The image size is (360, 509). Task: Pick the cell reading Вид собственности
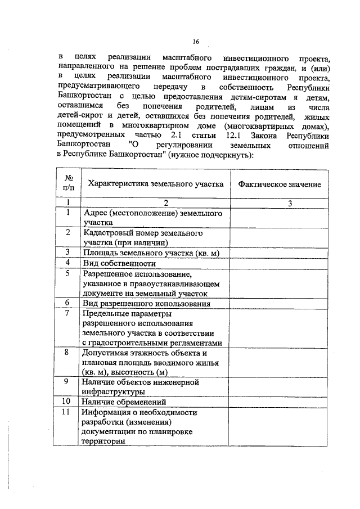tap(119, 263)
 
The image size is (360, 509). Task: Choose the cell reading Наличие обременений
tap(124, 402)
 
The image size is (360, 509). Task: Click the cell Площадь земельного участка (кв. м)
tap(150, 253)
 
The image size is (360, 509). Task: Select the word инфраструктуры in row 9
tap(114, 392)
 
